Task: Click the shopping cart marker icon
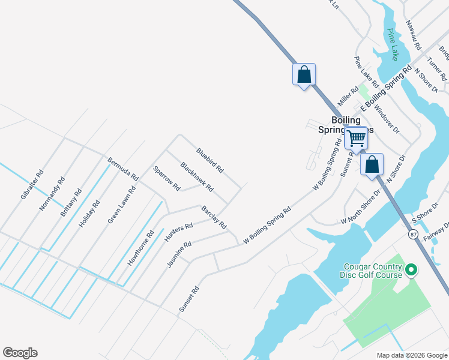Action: click(x=356, y=139)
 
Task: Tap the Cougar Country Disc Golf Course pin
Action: click(x=411, y=271)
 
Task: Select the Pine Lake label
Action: click(x=393, y=45)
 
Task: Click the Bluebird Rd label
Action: click(x=209, y=161)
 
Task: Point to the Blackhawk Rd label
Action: click(x=197, y=177)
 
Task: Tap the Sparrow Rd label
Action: click(x=166, y=178)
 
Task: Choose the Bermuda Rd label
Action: click(x=123, y=169)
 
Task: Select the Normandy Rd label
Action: click(x=52, y=194)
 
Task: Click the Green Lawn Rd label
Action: click(x=122, y=205)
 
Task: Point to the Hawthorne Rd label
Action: click(x=141, y=248)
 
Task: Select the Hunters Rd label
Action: click(x=178, y=232)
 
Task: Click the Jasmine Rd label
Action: click(x=179, y=253)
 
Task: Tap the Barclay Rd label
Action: click(x=214, y=217)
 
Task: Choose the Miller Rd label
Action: click(x=348, y=95)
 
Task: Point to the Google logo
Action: click(x=20, y=353)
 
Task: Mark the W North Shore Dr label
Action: click(x=361, y=208)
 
